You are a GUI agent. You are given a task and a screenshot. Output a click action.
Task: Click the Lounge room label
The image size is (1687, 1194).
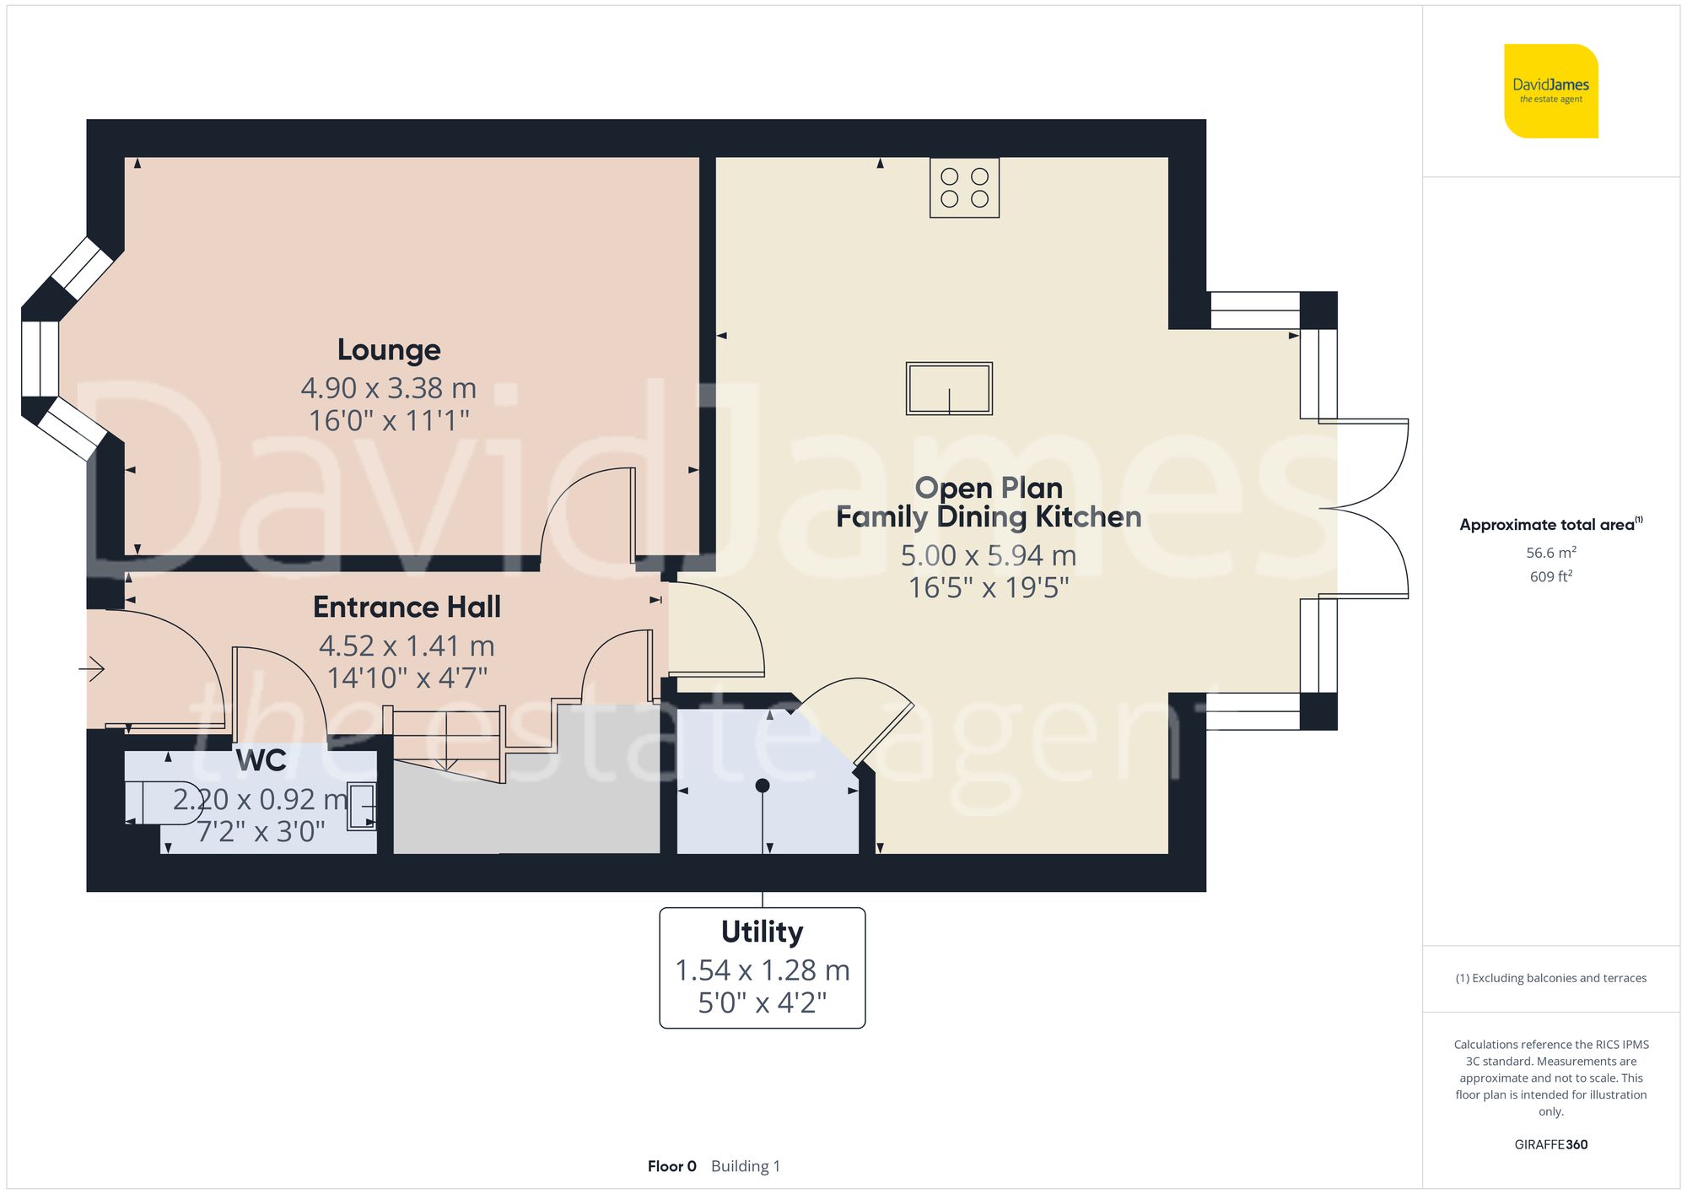tap(389, 349)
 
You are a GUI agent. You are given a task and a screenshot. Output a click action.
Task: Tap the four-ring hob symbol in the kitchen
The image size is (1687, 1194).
tap(964, 187)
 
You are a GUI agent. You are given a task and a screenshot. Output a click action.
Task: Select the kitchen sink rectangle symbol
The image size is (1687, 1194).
tap(949, 389)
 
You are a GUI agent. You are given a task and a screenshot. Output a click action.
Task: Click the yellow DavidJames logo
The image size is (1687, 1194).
tap(1550, 91)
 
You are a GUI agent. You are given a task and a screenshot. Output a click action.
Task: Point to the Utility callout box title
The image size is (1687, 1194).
tap(762, 932)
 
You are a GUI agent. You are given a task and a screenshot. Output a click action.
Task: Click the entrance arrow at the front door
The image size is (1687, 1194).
tap(92, 669)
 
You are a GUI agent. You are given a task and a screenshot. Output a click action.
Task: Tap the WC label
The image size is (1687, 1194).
tap(261, 760)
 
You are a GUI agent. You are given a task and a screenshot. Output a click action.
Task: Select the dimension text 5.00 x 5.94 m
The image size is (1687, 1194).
tap(989, 555)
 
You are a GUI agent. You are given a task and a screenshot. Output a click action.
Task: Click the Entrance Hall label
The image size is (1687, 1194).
tap(407, 607)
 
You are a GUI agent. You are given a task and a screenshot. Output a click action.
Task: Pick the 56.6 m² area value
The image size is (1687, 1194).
tap(1550, 553)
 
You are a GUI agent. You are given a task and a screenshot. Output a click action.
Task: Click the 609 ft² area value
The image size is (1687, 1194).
tap(1550, 576)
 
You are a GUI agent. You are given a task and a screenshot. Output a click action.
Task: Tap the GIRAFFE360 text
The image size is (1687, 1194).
tap(1550, 1144)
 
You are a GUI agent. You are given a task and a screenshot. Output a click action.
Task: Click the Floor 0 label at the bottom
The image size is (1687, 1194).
tap(671, 1166)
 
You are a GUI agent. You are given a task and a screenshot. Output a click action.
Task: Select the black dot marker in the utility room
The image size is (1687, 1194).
tap(763, 786)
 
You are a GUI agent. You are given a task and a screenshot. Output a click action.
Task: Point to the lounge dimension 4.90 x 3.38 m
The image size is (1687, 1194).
tap(389, 388)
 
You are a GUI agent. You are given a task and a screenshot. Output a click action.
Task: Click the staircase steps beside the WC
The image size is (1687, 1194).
tap(447, 743)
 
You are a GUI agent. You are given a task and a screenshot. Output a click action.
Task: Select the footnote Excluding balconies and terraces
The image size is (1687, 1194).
tap(1550, 978)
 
